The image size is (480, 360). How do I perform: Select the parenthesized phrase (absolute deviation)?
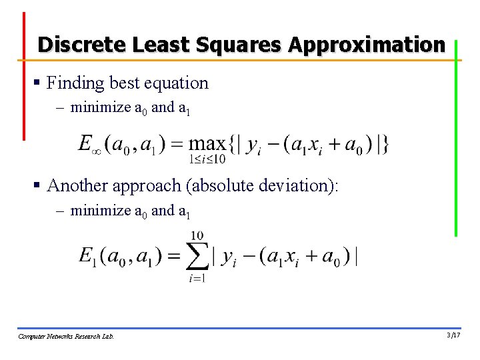[264, 185]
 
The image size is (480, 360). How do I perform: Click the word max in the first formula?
[207, 143]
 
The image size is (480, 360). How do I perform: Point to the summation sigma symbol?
[197, 257]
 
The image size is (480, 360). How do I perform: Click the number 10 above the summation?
[197, 235]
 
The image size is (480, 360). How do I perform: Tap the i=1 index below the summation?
[197, 278]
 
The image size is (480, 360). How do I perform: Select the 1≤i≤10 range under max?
[207, 159]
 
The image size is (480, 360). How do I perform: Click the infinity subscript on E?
[96, 151]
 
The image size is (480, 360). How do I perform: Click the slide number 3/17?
[453, 335]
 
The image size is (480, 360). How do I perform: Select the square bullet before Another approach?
[38, 185]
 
